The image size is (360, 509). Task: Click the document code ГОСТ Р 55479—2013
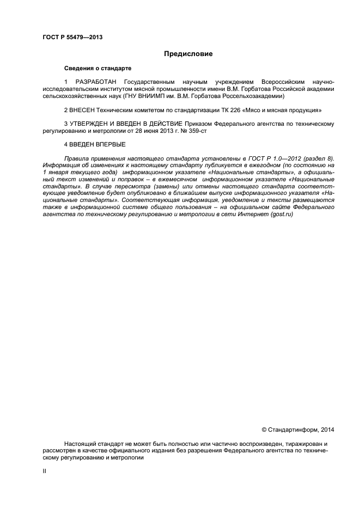coord(72,38)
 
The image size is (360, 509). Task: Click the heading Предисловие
coord(188,54)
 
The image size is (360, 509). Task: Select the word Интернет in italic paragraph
coord(252,215)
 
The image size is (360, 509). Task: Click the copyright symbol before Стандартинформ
coord(264,430)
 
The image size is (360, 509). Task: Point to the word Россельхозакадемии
coord(254,96)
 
